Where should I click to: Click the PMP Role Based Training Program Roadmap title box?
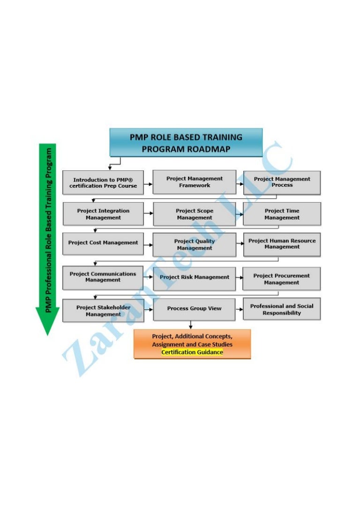[x=186, y=142]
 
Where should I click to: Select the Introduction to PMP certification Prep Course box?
[x=103, y=183]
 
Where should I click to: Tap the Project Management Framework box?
[x=194, y=182]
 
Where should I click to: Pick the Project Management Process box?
[x=282, y=182]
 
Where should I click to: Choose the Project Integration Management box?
[x=103, y=214]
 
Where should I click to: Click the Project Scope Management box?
[x=194, y=214]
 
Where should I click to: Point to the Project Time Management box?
[x=282, y=214]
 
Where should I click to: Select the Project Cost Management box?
[x=103, y=243]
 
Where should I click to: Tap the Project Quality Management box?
[x=194, y=244]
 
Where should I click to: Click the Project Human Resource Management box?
[x=282, y=244]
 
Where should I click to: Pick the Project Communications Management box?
[x=103, y=277]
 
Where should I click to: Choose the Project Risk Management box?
[x=194, y=277]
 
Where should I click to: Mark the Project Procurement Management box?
[x=282, y=279]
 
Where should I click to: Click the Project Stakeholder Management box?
[x=103, y=311]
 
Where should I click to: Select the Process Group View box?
[x=194, y=309]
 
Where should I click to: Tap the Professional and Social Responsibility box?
[x=282, y=309]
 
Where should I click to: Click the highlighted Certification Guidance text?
[x=192, y=352]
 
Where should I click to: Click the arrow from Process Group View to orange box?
[x=191, y=325]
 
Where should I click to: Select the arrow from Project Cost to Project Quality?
[x=148, y=245]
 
